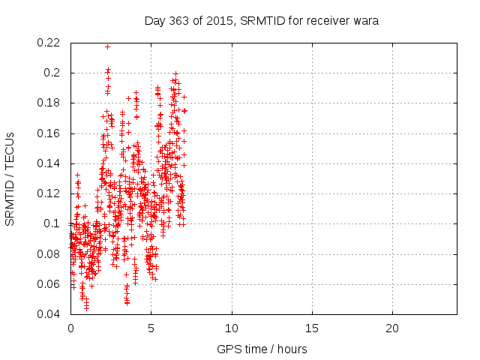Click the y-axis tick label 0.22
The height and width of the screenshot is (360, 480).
(50, 43)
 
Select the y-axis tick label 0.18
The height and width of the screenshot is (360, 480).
(50, 103)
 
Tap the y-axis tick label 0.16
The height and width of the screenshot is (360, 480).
(50, 133)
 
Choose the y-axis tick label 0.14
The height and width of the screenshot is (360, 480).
(50, 163)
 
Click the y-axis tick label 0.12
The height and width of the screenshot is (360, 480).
(50, 193)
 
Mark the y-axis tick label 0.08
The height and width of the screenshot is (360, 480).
(50, 254)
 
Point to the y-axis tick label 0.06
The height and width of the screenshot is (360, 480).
(50, 284)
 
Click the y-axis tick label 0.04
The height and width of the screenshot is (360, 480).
(50, 314)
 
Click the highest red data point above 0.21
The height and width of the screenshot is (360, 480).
(107, 46)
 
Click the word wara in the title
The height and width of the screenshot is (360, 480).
(366, 21)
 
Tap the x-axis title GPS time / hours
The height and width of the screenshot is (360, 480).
(262, 349)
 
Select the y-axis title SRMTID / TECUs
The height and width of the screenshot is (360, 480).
(10, 178)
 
